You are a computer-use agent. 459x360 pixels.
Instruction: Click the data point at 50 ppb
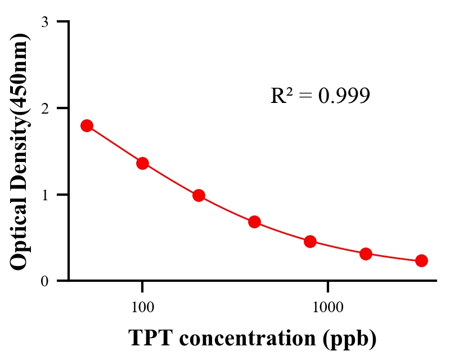pyautogui.click(x=87, y=125)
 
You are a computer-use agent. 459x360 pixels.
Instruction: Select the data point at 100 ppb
pyautogui.click(x=142, y=163)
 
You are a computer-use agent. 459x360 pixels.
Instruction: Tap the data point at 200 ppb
pyautogui.click(x=199, y=196)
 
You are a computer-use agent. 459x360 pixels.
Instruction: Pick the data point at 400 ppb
pyautogui.click(x=254, y=222)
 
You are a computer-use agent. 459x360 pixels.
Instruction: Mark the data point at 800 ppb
pyautogui.click(x=310, y=242)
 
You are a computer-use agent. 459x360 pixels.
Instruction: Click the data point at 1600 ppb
pyautogui.click(x=366, y=254)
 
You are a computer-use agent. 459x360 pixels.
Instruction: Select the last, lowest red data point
pyautogui.click(x=421, y=260)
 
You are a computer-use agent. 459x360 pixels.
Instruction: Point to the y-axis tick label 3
pyautogui.click(x=44, y=22)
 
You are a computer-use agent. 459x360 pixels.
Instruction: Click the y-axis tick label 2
pyautogui.click(x=44, y=108)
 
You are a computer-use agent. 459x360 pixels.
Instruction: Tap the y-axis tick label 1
pyautogui.click(x=44, y=195)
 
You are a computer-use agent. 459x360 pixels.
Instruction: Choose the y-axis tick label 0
pyautogui.click(x=44, y=281)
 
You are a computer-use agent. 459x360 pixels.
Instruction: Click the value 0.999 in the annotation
pyautogui.click(x=344, y=96)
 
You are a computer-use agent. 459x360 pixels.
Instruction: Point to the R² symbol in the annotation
pyautogui.click(x=281, y=96)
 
